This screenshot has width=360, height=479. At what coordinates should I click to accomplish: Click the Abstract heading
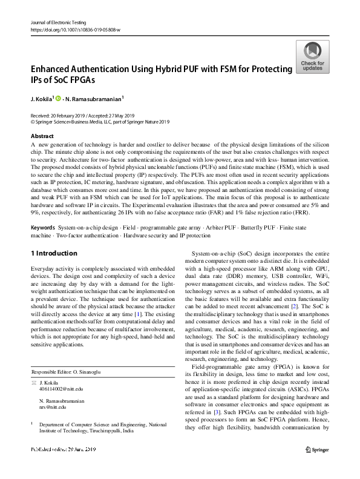pos(42,137)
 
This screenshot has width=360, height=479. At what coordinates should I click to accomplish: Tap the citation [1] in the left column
pos(139,315)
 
